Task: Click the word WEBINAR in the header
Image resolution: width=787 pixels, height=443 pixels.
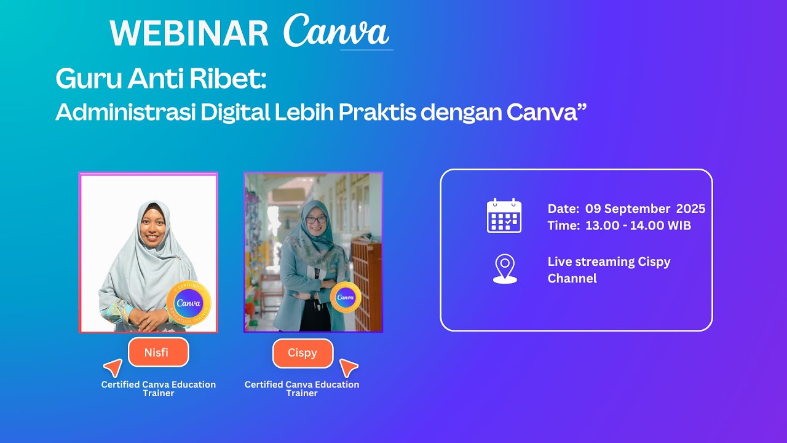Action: pos(189,33)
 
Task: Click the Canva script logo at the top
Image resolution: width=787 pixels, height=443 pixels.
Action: pos(336,31)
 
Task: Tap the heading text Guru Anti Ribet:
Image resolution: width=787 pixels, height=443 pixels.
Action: pos(161,79)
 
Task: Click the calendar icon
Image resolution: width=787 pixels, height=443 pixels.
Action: pos(504,216)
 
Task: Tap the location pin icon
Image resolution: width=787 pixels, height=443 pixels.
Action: pos(505,269)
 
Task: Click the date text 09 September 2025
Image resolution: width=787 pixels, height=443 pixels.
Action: pos(645,209)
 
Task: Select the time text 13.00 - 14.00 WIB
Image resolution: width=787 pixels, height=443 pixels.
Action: pos(638,226)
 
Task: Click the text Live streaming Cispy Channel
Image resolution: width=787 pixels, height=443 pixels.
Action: pos(609,269)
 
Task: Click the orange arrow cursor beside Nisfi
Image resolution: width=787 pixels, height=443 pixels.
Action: pos(113,367)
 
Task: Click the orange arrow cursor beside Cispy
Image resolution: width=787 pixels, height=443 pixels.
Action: pos(349,367)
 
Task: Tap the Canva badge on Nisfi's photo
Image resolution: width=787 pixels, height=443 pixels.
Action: pos(189,302)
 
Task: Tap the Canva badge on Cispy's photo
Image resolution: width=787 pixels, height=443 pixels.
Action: pos(346,297)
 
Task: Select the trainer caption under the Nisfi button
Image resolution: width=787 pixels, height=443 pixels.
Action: pos(159,388)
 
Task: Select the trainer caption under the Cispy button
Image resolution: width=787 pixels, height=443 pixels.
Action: pos(302,388)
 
